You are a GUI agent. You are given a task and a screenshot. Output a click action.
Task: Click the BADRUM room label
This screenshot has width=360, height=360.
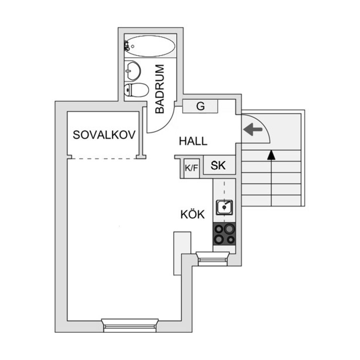pyautogui.click(x=160, y=89)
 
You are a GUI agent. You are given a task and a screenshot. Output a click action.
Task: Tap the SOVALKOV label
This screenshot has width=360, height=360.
pyautogui.click(x=104, y=135)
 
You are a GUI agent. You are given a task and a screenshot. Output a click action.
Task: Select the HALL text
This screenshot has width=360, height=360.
pyautogui.click(x=193, y=141)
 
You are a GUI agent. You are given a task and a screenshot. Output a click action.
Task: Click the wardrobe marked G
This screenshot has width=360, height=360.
pyautogui.click(x=201, y=106)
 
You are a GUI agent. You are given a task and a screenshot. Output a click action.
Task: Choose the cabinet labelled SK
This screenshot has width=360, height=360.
pyautogui.click(x=219, y=166)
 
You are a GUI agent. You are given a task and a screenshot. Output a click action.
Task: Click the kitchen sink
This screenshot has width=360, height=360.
pyautogui.click(x=224, y=207)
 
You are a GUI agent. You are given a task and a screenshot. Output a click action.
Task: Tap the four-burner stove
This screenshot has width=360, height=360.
pyautogui.click(x=224, y=234)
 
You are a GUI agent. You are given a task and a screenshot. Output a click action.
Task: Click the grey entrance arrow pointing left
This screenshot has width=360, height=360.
pyautogui.click(x=252, y=130)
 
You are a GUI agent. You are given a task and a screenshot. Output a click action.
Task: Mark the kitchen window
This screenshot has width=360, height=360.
pyautogui.click(x=213, y=258)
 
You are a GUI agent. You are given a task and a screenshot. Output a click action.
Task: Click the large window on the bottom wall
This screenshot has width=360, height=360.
pyautogui.click(x=130, y=325)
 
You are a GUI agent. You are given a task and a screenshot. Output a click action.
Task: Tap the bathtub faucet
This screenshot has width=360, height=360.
pyautogui.click(x=127, y=46)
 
